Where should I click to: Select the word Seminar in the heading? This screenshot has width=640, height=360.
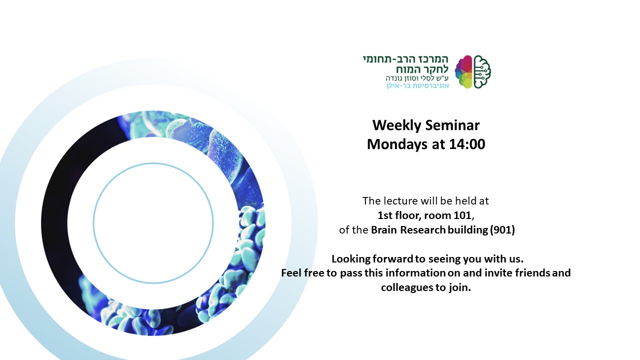[452, 125]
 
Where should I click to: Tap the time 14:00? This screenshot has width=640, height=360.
[467, 144]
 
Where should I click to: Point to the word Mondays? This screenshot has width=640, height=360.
[397, 144]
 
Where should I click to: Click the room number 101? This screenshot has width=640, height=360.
[462, 215]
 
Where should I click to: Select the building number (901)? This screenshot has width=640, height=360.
[502, 230]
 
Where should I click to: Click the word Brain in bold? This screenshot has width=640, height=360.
[383, 230]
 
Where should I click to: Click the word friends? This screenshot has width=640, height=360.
[532, 273]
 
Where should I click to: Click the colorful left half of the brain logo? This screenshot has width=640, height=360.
[463, 71]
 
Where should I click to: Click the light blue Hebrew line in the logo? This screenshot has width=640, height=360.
[417, 85]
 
